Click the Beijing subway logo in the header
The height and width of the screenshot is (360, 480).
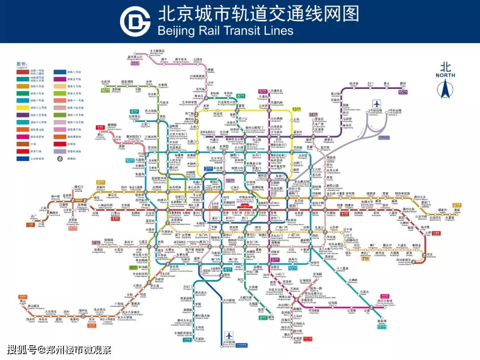[x=135, y=21]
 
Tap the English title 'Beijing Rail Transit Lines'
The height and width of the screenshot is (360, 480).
[x=225, y=31]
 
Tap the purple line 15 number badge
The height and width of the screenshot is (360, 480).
[x=403, y=92]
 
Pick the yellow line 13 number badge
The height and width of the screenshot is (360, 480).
[x=296, y=109]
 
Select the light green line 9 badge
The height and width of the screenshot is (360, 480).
[x=133, y=267]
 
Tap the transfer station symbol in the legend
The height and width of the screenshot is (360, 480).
[x=60, y=158]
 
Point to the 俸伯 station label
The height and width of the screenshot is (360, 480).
[x=403, y=84]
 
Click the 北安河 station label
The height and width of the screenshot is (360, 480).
[x=105, y=82]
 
